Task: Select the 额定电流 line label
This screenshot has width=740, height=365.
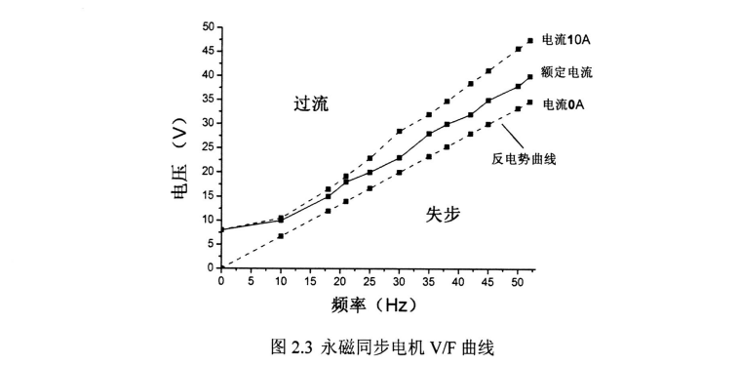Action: click(x=568, y=72)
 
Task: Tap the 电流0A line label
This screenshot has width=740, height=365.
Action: click(x=565, y=103)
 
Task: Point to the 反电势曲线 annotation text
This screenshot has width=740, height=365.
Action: click(x=524, y=157)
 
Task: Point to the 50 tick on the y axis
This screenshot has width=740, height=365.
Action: click(x=207, y=26)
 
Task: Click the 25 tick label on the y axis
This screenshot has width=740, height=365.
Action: click(x=207, y=146)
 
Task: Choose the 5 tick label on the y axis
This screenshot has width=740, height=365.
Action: click(x=210, y=243)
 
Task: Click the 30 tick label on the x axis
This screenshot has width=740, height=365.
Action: click(x=400, y=281)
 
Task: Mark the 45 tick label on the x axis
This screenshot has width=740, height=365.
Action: click(x=488, y=281)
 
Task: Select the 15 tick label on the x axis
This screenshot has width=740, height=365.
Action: click(x=310, y=281)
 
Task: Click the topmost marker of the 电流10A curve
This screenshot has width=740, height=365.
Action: click(x=530, y=41)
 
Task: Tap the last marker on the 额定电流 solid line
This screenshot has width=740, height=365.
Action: click(x=530, y=76)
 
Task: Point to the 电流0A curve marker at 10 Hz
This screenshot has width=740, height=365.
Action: click(x=281, y=236)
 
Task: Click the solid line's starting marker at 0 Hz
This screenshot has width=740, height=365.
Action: click(x=221, y=230)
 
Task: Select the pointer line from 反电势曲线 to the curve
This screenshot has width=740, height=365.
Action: click(x=510, y=138)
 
